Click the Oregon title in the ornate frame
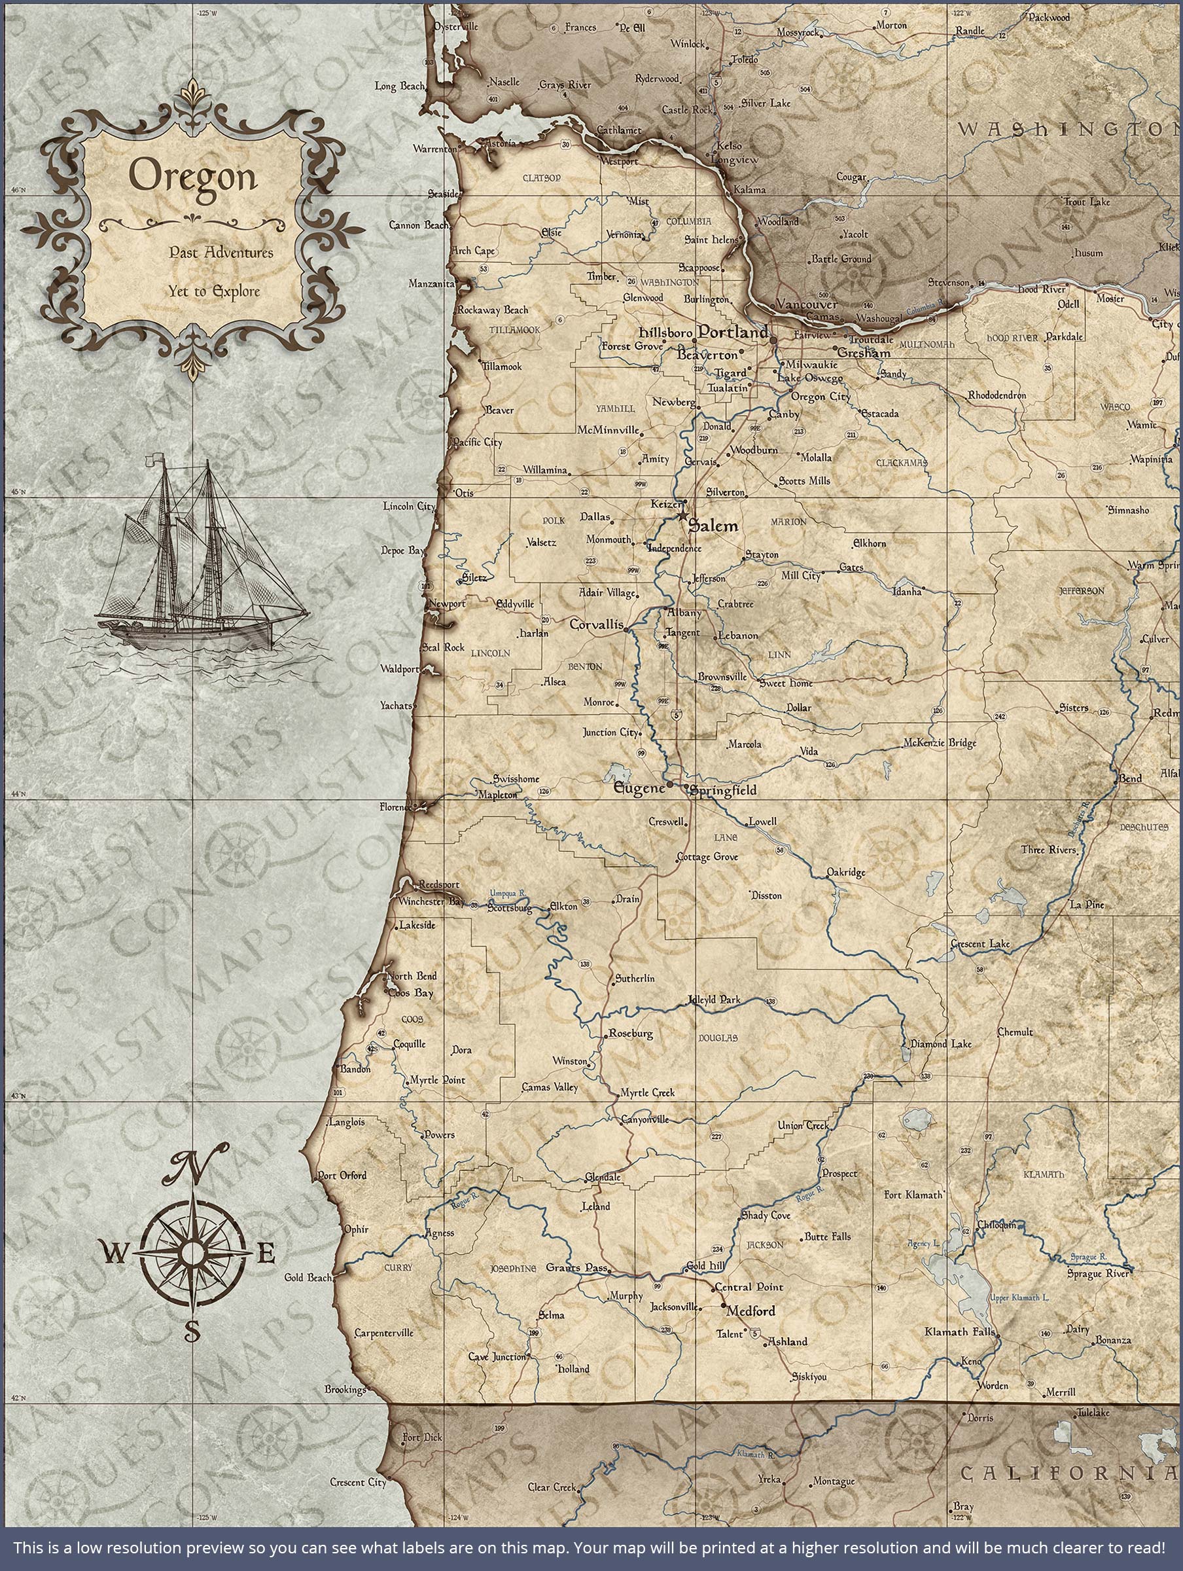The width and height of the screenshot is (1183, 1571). pyautogui.click(x=192, y=177)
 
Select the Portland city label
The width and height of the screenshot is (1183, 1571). pyautogui.click(x=732, y=332)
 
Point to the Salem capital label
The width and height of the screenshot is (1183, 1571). pyautogui.click(x=713, y=526)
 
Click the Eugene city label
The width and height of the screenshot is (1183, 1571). pyautogui.click(x=639, y=788)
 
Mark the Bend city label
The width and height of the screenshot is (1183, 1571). pyautogui.click(x=1131, y=778)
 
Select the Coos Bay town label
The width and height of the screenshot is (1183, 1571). pyautogui.click(x=410, y=993)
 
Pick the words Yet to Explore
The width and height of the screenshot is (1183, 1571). pyautogui.click(x=214, y=291)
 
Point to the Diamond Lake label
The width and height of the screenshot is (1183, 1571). pyautogui.click(x=941, y=1044)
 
